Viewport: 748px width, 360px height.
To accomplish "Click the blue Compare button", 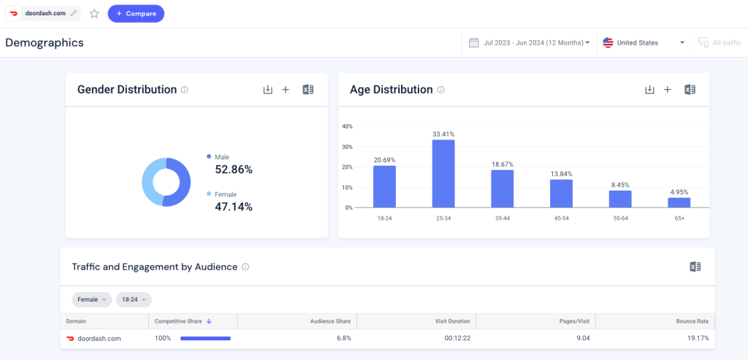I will pyautogui.click(x=136, y=13).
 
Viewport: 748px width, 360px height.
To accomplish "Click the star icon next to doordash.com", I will pyautogui.click(x=94, y=13).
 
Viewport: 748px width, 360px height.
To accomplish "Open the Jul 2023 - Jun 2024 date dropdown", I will pyautogui.click(x=529, y=42).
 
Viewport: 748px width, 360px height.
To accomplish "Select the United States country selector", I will pyautogui.click(x=644, y=42).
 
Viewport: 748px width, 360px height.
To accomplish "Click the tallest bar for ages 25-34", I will pyautogui.click(x=443, y=174).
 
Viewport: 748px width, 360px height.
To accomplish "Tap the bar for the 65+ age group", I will pyautogui.click(x=679, y=202).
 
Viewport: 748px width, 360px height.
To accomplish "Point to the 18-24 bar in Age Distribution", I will pyautogui.click(x=384, y=187).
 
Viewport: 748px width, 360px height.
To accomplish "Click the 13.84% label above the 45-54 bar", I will pyautogui.click(x=561, y=173).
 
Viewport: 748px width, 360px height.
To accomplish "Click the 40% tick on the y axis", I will pyautogui.click(x=347, y=126).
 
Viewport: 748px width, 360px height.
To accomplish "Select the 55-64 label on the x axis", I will pyautogui.click(x=620, y=218).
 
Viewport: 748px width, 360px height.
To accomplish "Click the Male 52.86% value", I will pyautogui.click(x=233, y=169).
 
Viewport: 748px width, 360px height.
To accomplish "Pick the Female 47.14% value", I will pyautogui.click(x=233, y=207).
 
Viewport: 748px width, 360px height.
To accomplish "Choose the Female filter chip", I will pyautogui.click(x=92, y=299).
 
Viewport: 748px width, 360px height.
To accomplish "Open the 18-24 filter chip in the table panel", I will pyautogui.click(x=134, y=299).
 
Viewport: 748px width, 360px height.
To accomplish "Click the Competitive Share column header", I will pyautogui.click(x=183, y=321).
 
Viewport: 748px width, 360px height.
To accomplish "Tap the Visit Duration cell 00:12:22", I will pyautogui.click(x=457, y=339).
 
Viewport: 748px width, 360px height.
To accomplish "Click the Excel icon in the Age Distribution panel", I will pyautogui.click(x=690, y=90).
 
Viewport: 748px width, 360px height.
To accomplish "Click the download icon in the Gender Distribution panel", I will pyautogui.click(x=267, y=90).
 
